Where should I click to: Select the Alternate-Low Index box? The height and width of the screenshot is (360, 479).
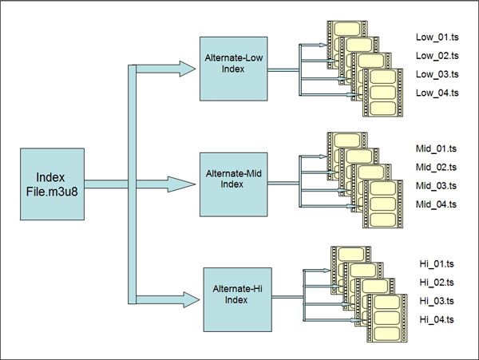click(234, 69)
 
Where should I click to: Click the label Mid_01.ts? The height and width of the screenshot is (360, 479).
click(436, 148)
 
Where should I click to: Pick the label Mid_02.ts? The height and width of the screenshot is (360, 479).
click(436, 167)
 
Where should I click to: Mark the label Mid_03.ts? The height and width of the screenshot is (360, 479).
click(436, 186)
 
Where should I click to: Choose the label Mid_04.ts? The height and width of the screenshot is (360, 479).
click(436, 205)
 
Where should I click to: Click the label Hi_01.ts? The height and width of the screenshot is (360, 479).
click(434, 263)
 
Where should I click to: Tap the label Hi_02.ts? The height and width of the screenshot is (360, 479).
click(434, 282)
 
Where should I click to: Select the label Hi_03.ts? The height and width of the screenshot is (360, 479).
click(434, 301)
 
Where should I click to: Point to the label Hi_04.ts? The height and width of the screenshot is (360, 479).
click(434, 320)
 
